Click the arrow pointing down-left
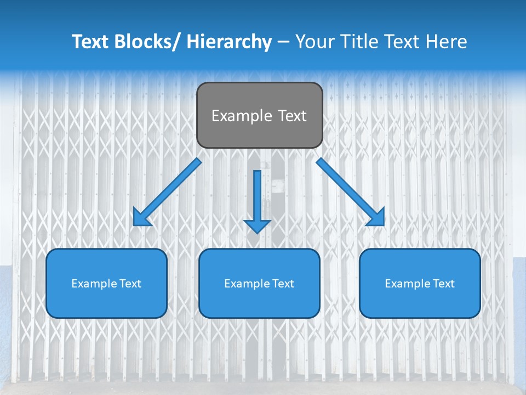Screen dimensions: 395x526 (168, 193)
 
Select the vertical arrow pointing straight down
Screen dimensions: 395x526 (257, 198)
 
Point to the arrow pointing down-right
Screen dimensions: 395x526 (350, 191)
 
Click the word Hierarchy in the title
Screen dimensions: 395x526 (229, 42)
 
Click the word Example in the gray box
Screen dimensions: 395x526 (241, 116)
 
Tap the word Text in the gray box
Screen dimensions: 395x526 (292, 116)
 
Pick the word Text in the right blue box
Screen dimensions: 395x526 (443, 284)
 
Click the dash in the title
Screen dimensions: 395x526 (283, 42)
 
